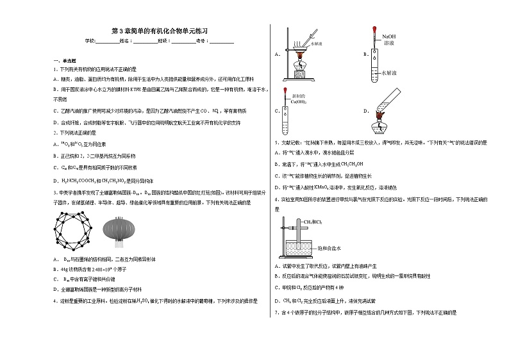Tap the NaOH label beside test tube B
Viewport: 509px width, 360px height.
click(389, 37)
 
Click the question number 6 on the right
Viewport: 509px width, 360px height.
click(276, 199)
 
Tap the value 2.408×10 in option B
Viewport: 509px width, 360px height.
click(101, 270)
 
